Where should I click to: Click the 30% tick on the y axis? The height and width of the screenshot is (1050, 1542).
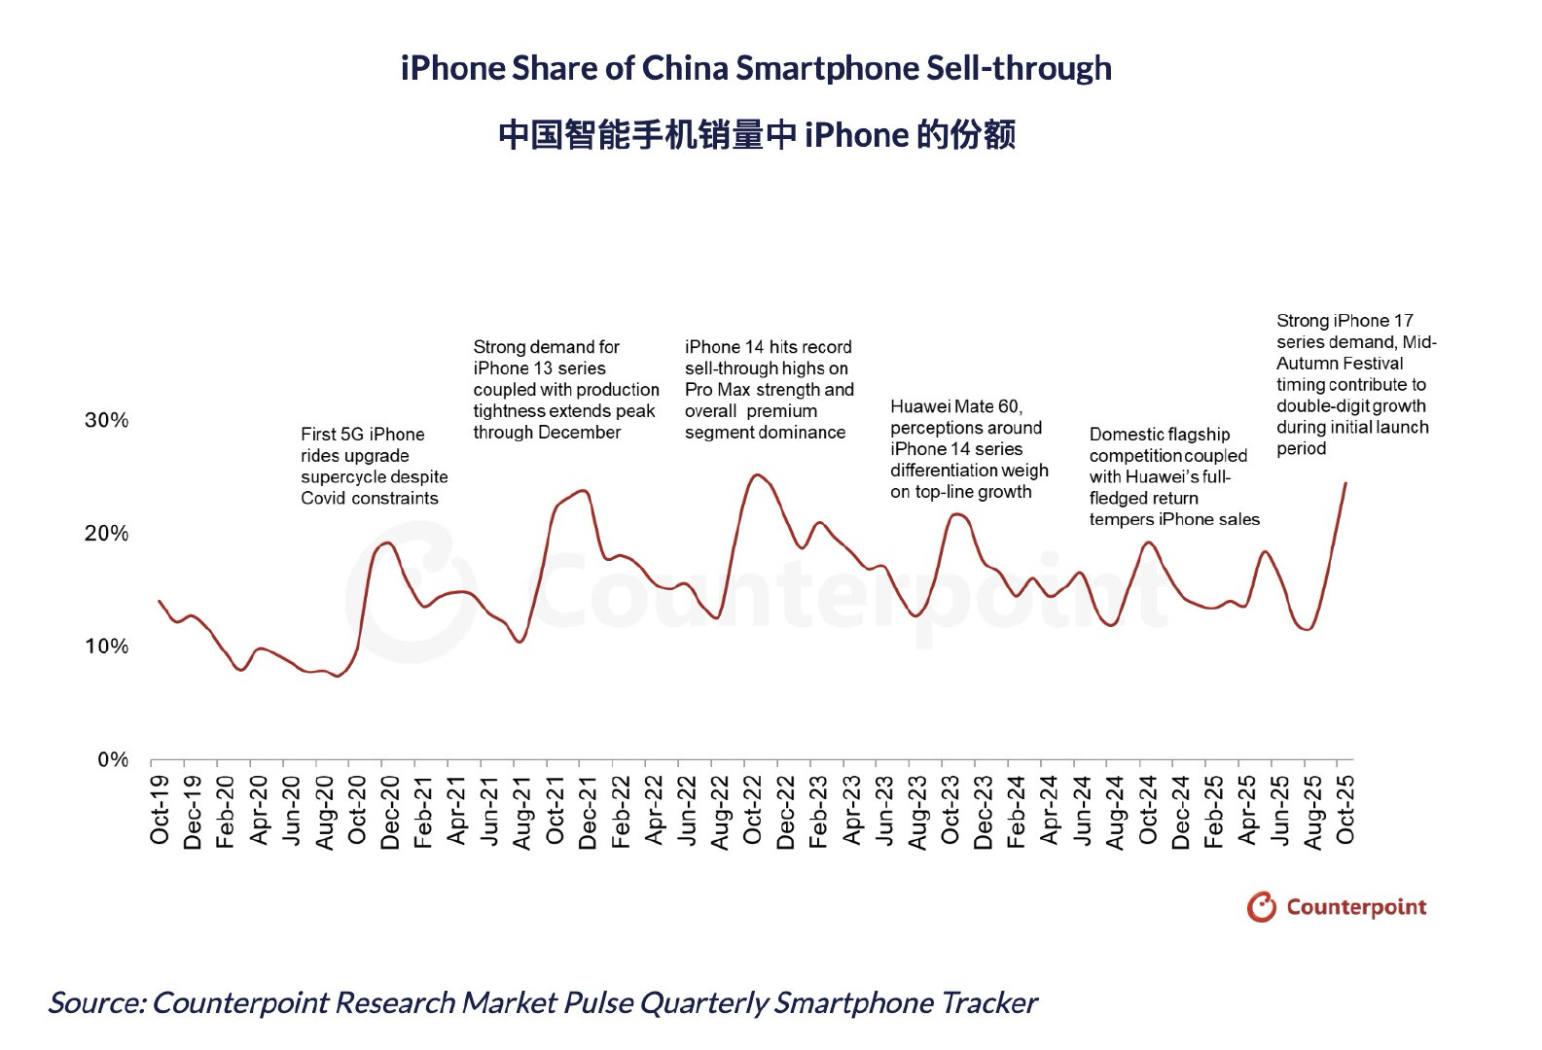[x=107, y=421]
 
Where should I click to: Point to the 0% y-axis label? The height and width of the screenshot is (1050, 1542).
[x=112, y=760]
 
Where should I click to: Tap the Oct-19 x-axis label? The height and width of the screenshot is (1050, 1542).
[x=160, y=810]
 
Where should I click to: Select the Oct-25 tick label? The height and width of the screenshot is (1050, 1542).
[x=1345, y=810]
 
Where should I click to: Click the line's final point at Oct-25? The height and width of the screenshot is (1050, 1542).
[x=1345, y=482]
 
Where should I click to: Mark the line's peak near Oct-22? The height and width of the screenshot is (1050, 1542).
[x=756, y=475]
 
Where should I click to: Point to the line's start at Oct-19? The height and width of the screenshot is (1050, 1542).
[x=160, y=601]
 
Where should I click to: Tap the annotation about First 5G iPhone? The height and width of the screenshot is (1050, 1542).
[x=374, y=467]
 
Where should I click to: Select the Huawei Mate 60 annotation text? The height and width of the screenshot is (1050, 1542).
[x=969, y=449]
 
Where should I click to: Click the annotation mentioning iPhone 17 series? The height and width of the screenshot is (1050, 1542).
[x=1355, y=384]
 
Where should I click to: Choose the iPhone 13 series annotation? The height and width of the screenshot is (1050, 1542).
[x=564, y=389]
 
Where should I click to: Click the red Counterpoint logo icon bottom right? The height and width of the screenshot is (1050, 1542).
[x=1261, y=906]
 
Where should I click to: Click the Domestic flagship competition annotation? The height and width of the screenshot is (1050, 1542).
[x=1173, y=476]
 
